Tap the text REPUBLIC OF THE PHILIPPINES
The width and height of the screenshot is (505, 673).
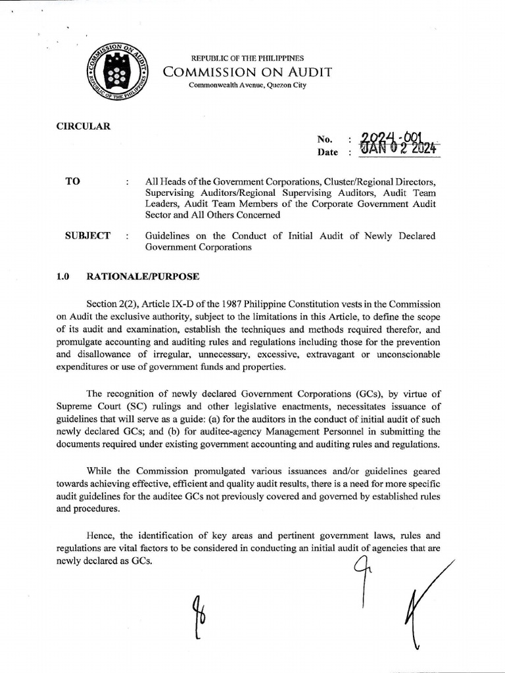click(247, 58)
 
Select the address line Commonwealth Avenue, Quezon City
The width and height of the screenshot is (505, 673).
click(247, 85)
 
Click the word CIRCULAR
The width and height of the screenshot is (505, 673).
click(84, 126)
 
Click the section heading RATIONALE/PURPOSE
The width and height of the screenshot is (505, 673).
click(143, 277)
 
